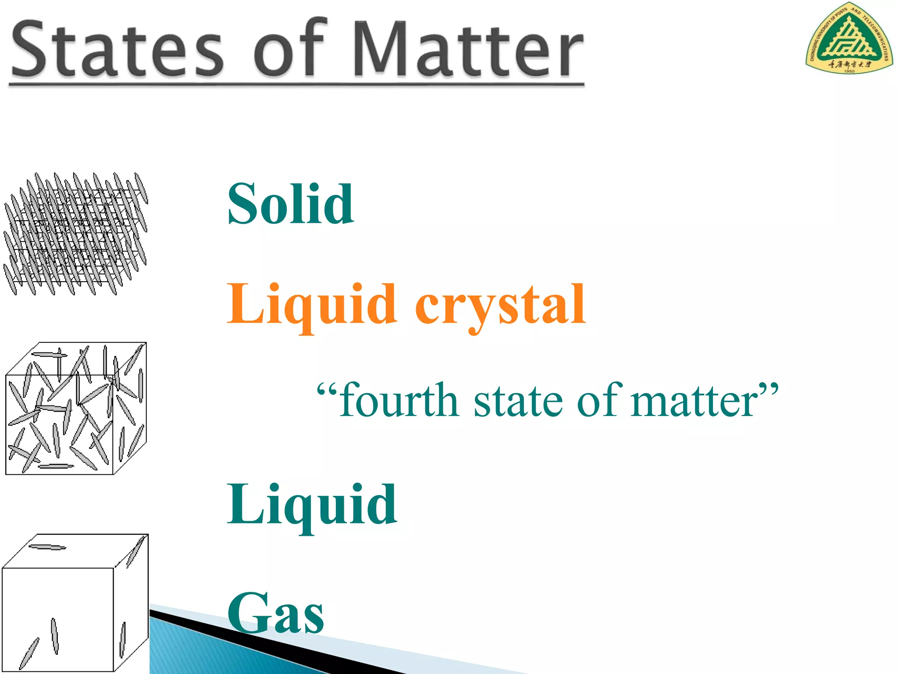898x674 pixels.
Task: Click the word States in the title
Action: click(118, 49)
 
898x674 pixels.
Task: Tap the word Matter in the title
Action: click(468, 49)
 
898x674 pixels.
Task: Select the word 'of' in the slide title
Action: click(289, 48)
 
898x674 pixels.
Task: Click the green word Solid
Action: click(290, 204)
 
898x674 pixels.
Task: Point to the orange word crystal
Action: click(500, 305)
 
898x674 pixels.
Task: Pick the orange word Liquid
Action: click(311, 305)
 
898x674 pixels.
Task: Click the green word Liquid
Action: click(311, 505)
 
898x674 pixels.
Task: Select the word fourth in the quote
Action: click(399, 400)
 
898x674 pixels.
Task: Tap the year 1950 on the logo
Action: click(849, 71)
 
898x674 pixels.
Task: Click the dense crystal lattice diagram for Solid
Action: click(75, 233)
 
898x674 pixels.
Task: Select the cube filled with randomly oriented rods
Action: click(75, 408)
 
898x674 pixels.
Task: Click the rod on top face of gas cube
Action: click(47, 547)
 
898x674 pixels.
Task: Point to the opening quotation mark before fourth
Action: click(327, 388)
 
